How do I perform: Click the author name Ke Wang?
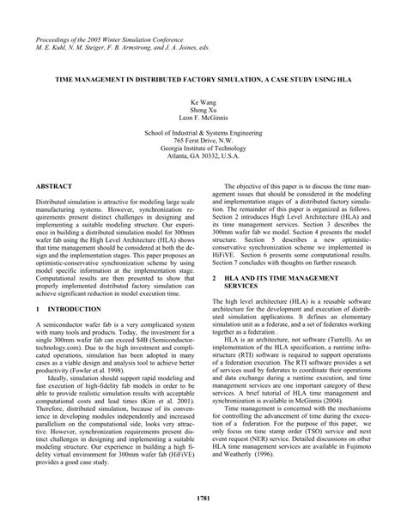[x=203, y=100]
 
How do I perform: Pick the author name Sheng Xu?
[x=203, y=109]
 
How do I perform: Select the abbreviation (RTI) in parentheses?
[x=270, y=356]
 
